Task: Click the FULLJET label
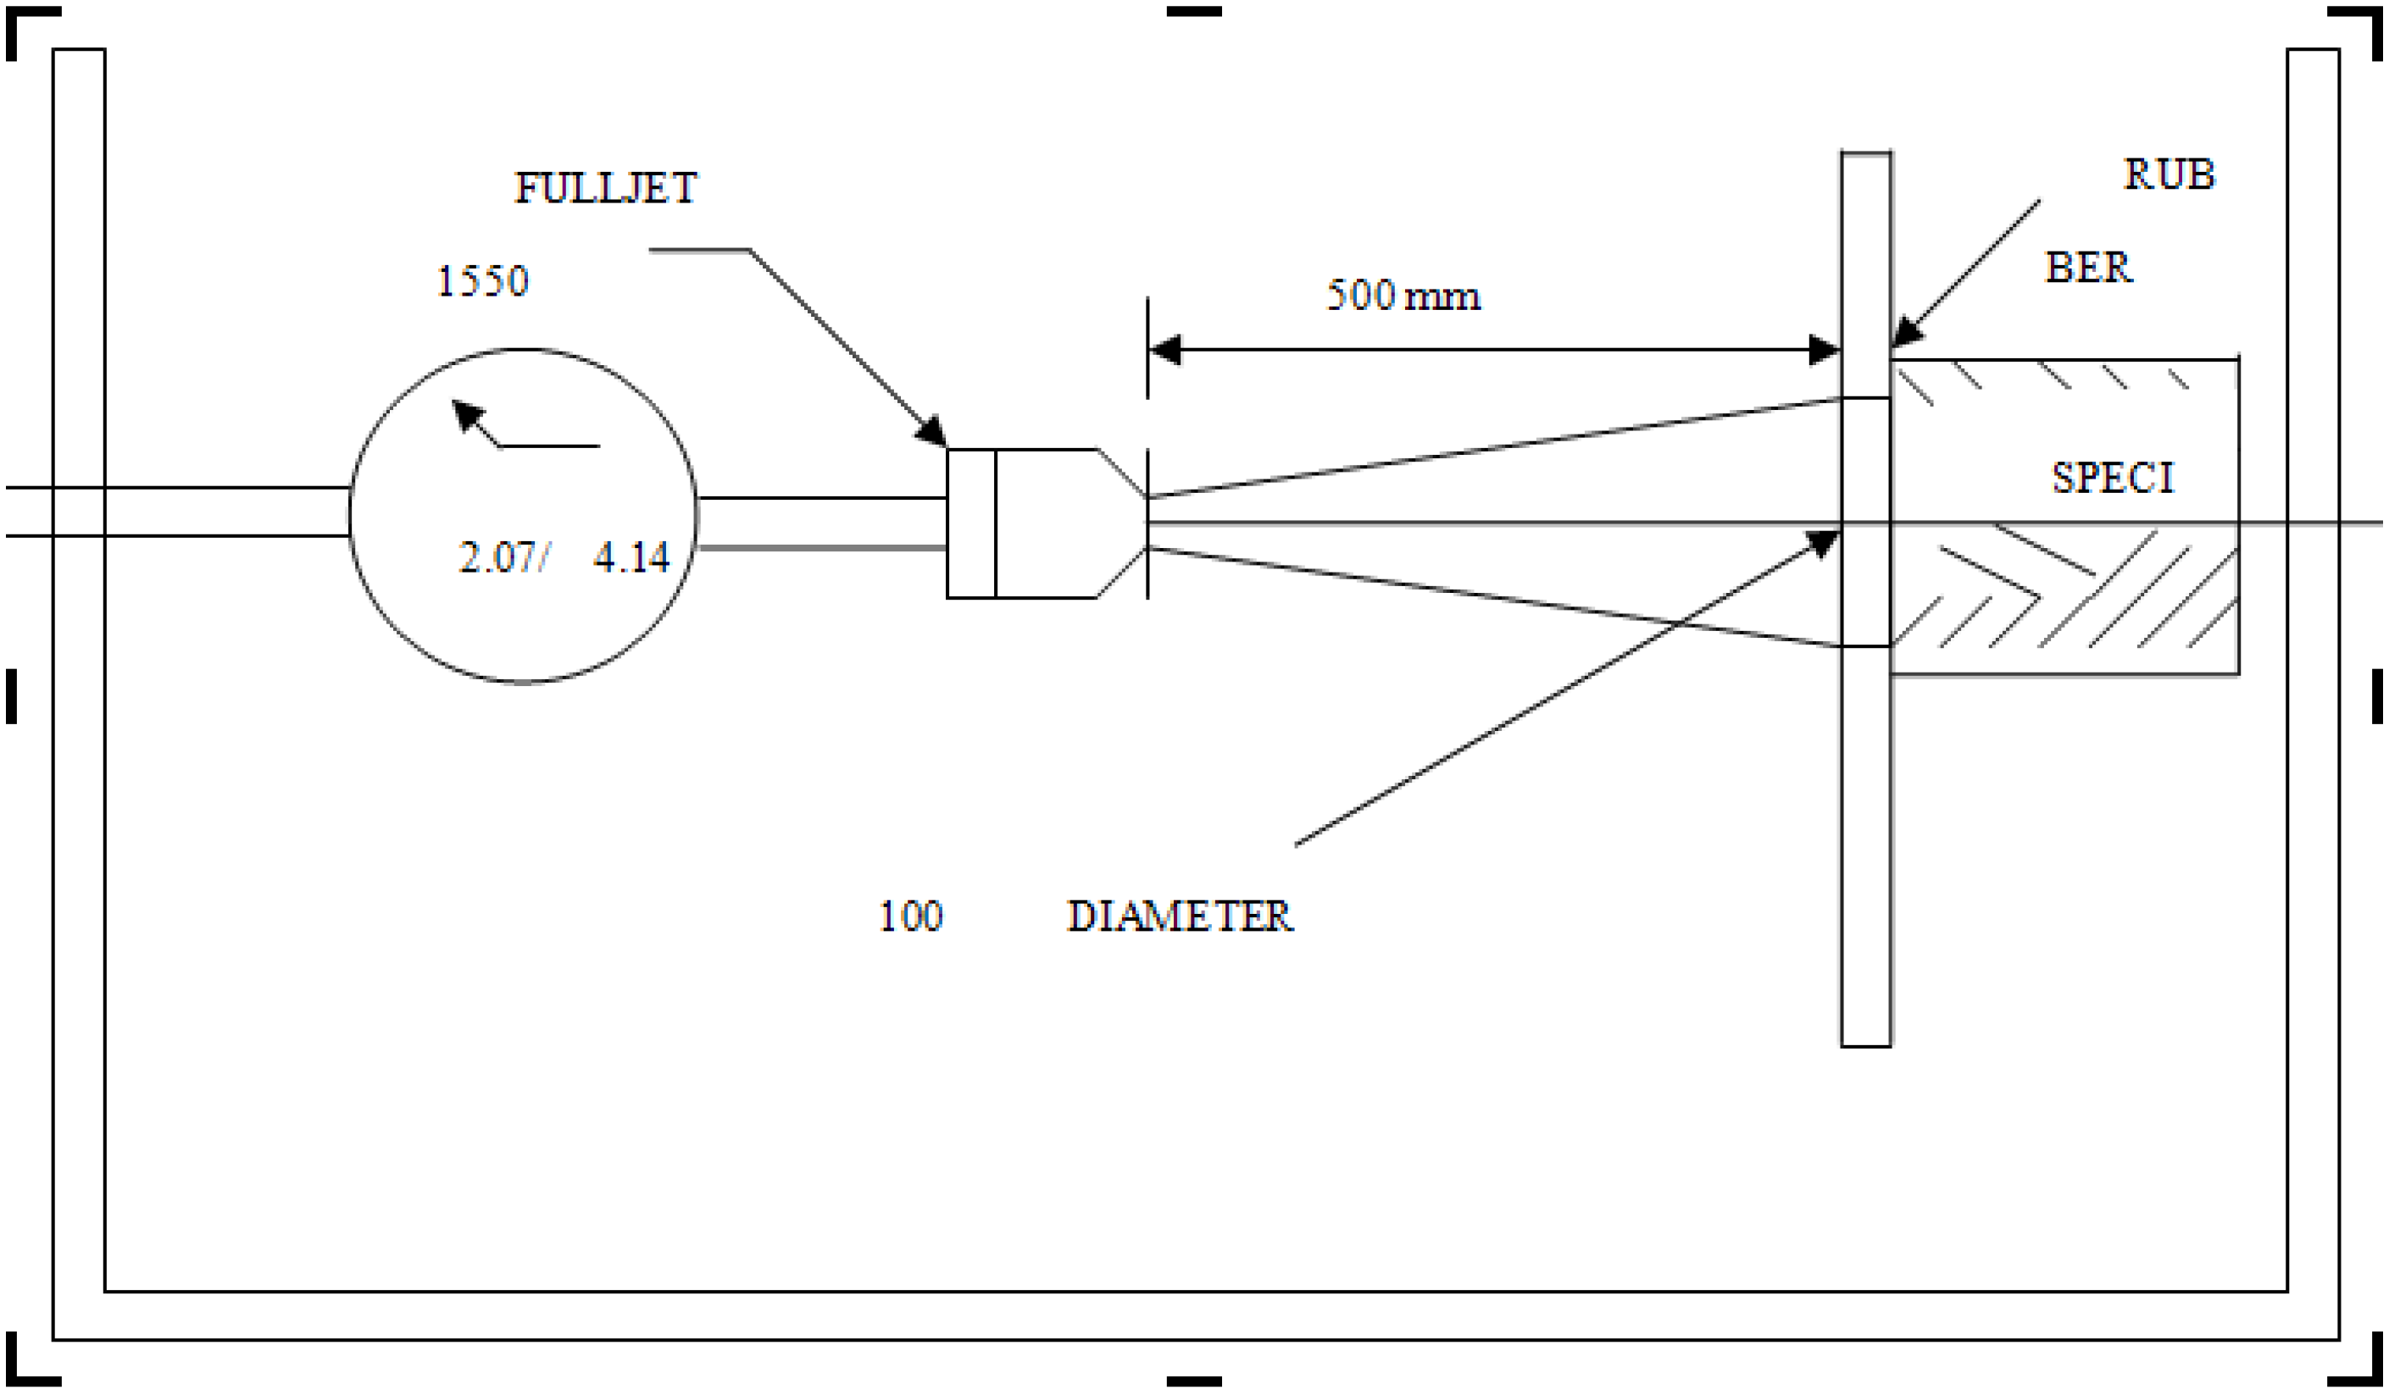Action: pyautogui.click(x=606, y=188)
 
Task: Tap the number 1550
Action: pyautogui.click(x=481, y=281)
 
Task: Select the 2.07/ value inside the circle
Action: pyautogui.click(x=503, y=557)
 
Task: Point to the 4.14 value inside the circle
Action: pyautogui.click(x=631, y=557)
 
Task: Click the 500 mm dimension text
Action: pyautogui.click(x=1403, y=296)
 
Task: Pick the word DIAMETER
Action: pyautogui.click(x=1181, y=916)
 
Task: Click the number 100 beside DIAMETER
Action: pyautogui.click(x=911, y=916)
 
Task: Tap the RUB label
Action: pyautogui.click(x=2169, y=174)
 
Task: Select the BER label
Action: pyautogui.click(x=2088, y=268)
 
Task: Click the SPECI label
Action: pyautogui.click(x=2113, y=478)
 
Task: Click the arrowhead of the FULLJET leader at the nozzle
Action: pyautogui.click(x=931, y=431)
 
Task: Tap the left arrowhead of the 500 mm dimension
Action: pyautogui.click(x=1165, y=350)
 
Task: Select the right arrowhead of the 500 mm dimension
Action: pyautogui.click(x=1824, y=350)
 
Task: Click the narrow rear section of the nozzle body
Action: pyautogui.click(x=972, y=523)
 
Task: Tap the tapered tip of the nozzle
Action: pyautogui.click(x=1121, y=523)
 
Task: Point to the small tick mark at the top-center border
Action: pyautogui.click(x=1193, y=11)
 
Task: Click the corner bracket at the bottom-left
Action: pyautogui.click(x=29, y=1365)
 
